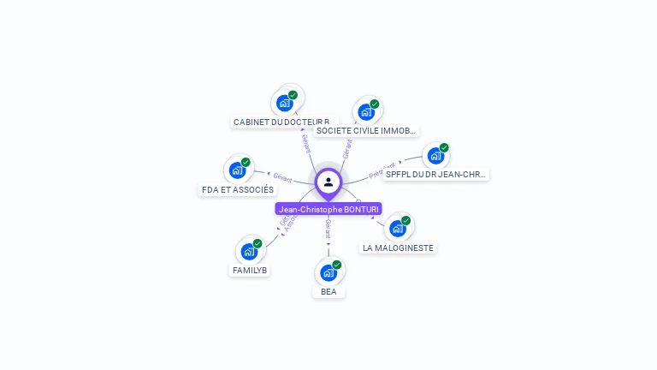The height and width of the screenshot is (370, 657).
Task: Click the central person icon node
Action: [328, 182]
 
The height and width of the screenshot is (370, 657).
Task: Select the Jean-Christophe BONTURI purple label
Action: [328, 209]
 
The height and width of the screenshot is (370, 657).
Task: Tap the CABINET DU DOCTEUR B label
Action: [281, 122]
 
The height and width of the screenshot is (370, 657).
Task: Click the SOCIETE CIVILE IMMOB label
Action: [365, 131]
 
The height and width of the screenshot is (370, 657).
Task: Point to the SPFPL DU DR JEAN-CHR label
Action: [435, 174]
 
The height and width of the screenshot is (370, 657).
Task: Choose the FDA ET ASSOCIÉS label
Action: [238, 189]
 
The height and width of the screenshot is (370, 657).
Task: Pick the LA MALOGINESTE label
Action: [398, 248]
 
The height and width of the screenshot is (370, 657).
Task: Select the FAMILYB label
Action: [250, 270]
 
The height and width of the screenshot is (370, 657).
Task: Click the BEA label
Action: [328, 292]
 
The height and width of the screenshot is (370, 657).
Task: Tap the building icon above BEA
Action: [328, 273]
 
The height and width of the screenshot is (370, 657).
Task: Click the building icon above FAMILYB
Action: [249, 252]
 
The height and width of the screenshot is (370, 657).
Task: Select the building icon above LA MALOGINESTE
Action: [397, 229]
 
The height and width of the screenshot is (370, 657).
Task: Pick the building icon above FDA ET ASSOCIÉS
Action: [237, 170]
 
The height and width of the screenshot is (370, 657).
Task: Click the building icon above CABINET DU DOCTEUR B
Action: [285, 104]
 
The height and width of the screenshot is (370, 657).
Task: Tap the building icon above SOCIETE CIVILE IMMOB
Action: [366, 112]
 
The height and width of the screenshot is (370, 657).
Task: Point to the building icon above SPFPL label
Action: [435, 156]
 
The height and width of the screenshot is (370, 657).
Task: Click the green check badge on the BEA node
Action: [337, 265]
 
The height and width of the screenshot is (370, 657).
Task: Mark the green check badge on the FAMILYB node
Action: [257, 243]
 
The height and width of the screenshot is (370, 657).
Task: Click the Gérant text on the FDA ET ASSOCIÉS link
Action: [282, 178]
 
